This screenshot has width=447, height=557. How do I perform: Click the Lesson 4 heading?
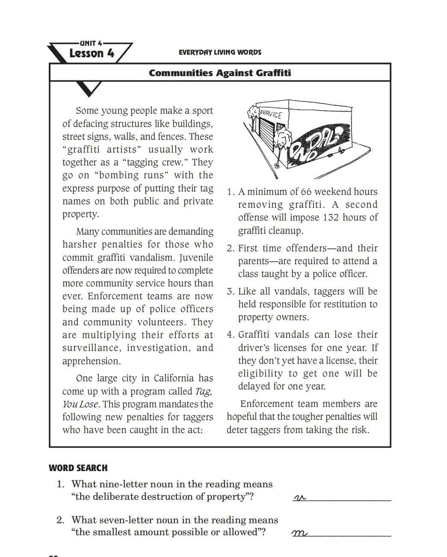pyautogui.click(x=92, y=53)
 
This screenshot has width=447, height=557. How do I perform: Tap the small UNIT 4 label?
pyautogui.click(x=91, y=43)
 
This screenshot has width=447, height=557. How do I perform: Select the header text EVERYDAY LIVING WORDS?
pyautogui.click(x=220, y=52)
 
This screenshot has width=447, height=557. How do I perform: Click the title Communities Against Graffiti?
pyautogui.click(x=220, y=73)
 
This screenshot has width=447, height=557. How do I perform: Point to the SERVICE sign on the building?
pyautogui.click(x=271, y=114)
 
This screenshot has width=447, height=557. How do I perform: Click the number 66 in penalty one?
pyautogui.click(x=306, y=192)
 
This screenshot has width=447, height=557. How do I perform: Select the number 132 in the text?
pyautogui.click(x=331, y=218)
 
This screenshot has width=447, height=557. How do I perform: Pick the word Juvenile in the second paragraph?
pyautogui.click(x=196, y=258)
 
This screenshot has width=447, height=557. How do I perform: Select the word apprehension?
pyautogui.click(x=91, y=361)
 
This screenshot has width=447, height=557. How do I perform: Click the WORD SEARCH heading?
pyautogui.click(x=78, y=468)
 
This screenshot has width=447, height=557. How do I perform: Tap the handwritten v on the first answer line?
pyautogui.click(x=300, y=498)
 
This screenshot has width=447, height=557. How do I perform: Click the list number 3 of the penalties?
pyautogui.click(x=230, y=292)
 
